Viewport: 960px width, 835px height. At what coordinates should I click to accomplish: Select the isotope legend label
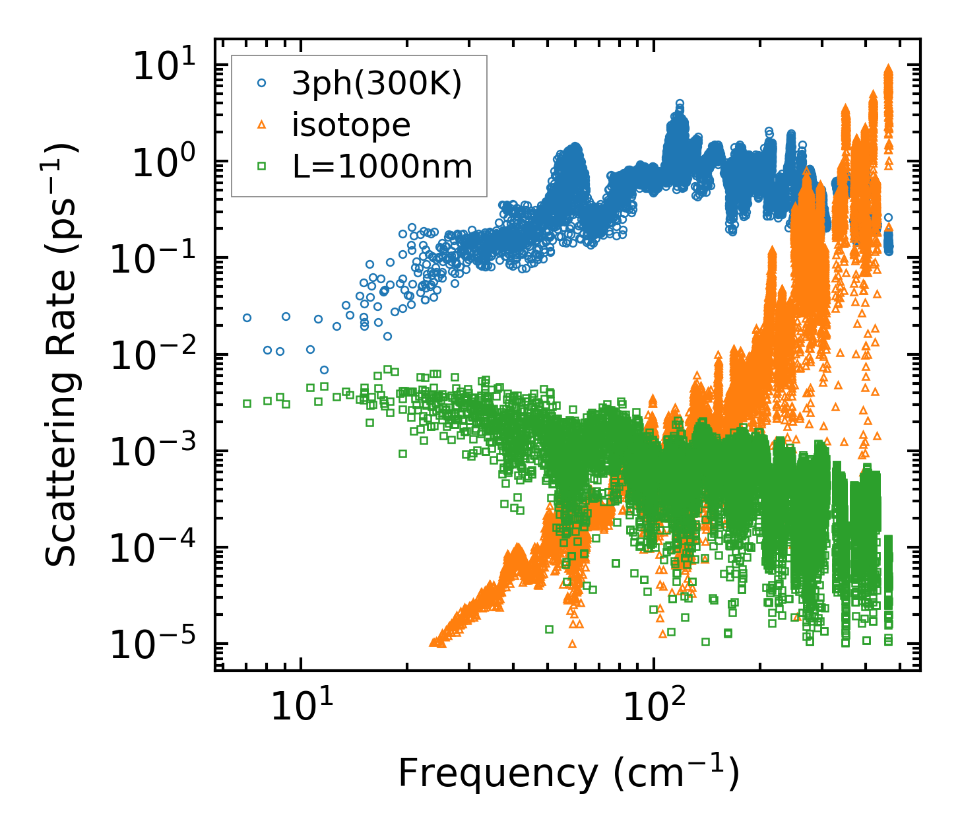(351, 125)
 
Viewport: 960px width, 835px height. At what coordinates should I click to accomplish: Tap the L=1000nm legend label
(383, 166)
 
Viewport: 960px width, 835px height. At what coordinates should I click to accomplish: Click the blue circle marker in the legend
(262, 83)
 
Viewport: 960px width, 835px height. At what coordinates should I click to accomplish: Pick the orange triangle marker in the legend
(262, 125)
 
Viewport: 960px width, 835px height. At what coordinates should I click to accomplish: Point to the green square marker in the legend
(262, 166)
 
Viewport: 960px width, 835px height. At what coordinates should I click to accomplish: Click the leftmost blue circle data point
(247, 317)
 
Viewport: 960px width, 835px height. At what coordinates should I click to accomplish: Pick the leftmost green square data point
(247, 403)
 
